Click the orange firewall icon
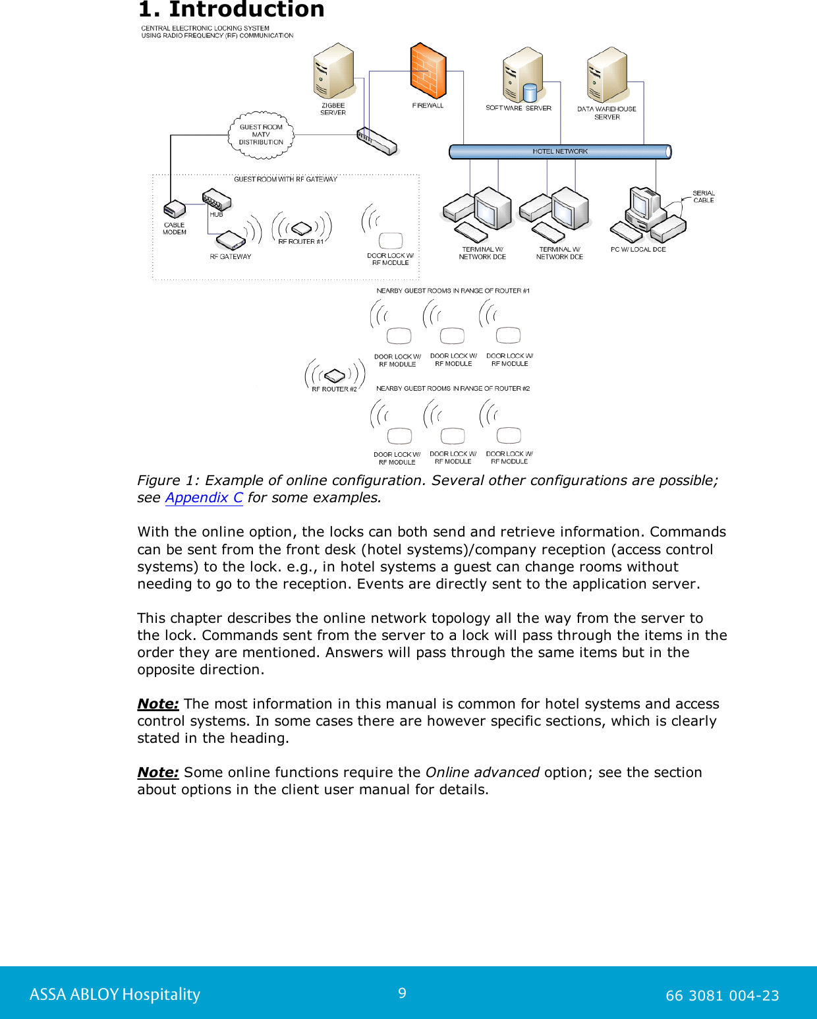click(x=428, y=71)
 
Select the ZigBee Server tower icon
click(x=334, y=71)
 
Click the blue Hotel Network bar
click(x=560, y=152)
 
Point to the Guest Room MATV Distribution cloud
click(x=261, y=135)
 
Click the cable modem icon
click(x=175, y=210)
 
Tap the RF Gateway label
click(x=231, y=256)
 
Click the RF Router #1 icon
click(x=301, y=228)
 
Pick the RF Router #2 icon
click(x=335, y=376)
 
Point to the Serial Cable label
click(x=704, y=196)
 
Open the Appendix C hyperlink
click(x=204, y=498)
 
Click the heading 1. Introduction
click(x=231, y=10)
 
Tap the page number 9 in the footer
click(x=402, y=993)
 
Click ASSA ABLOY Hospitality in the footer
click(x=115, y=995)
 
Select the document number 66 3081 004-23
click(x=722, y=995)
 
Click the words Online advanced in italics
click(x=482, y=772)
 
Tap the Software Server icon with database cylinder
click(x=522, y=74)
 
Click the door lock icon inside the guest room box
click(x=391, y=241)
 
